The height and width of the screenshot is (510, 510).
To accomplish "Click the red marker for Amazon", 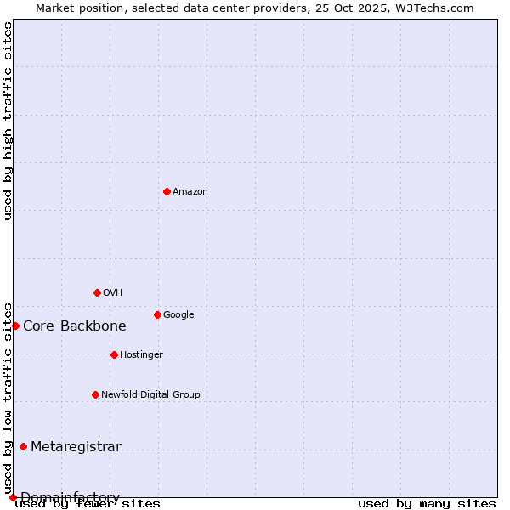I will [167, 191].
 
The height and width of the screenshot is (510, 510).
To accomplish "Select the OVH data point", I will [97, 292].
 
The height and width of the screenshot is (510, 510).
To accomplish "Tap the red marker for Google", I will [157, 314].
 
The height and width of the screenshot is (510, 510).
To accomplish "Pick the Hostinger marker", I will [114, 354].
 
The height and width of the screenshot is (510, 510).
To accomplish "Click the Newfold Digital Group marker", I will [95, 394].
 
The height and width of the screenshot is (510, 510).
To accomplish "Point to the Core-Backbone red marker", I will [15, 326].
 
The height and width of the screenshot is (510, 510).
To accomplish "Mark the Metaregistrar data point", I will [23, 446].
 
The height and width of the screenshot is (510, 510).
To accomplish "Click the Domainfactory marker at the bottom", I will [13, 497].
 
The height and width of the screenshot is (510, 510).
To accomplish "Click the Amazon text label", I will [190, 192].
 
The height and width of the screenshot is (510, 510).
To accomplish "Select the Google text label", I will [178, 315].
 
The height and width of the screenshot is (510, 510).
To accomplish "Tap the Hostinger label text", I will [141, 355].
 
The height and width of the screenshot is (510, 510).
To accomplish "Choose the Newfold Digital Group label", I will [150, 395].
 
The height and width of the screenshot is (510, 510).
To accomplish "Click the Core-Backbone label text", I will [75, 326].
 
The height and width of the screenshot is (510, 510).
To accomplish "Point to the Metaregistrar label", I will [76, 447].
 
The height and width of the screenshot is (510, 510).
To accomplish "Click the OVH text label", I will [113, 293].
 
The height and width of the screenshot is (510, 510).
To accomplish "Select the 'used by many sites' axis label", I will [427, 504].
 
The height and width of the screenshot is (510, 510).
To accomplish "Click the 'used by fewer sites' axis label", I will [88, 504].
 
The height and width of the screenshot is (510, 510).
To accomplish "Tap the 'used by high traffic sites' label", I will [8, 121].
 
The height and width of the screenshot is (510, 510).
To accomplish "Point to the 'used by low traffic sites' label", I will [8, 398].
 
